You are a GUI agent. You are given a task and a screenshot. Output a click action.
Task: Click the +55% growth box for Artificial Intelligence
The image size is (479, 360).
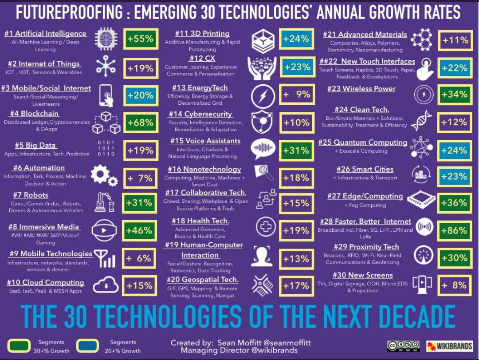[x=140, y=39]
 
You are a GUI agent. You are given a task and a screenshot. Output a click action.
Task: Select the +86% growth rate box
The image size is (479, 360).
[x=454, y=230]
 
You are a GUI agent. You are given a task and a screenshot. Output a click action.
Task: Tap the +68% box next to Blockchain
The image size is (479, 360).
[x=140, y=123]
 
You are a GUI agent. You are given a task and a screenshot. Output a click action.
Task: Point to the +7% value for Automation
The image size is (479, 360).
[x=140, y=178]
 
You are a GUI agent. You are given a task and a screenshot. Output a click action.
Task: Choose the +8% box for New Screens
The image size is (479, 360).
[x=454, y=285]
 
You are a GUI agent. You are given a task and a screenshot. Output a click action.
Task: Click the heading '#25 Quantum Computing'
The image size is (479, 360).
[x=363, y=142]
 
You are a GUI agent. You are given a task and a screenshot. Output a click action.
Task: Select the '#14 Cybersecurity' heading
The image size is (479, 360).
[x=200, y=114]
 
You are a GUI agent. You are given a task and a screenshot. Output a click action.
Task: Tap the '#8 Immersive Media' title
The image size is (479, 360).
[x=44, y=227]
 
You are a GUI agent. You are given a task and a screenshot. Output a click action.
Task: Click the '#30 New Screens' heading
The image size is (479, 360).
[x=362, y=275]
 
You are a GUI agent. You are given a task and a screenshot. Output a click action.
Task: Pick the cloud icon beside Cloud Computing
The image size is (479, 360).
[x=106, y=285]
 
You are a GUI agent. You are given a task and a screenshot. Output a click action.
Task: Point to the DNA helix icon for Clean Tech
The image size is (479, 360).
[x=420, y=121]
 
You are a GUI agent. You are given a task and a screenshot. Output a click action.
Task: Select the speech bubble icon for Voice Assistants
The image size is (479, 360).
[x=263, y=149]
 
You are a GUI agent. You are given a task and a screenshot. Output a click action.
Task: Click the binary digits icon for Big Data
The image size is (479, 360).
[x=106, y=148]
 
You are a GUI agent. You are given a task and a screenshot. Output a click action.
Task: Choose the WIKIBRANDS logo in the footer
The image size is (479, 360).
[x=449, y=346]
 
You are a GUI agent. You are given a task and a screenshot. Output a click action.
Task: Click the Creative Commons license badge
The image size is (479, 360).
[x=403, y=346]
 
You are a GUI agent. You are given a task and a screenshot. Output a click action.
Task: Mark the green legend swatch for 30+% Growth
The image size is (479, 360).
[x=19, y=346]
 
